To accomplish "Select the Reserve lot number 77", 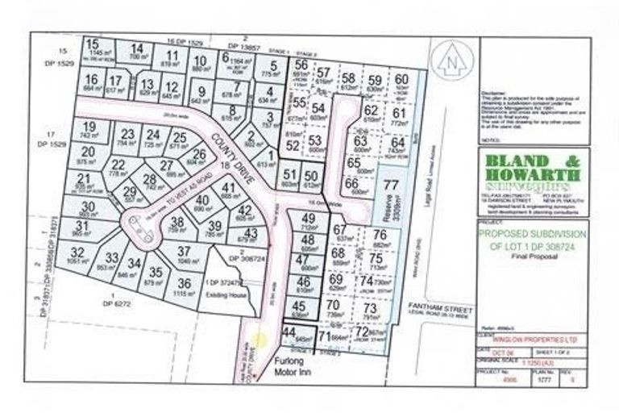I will [391, 185].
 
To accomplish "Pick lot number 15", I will [93, 44].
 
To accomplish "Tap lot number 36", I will [185, 283].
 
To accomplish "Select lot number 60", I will [401, 79].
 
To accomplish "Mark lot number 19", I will [90, 127].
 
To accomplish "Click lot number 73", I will [370, 309].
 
